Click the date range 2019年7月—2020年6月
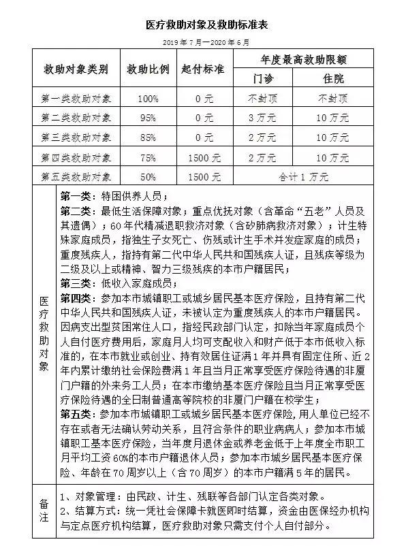pyautogui.click(x=203, y=42)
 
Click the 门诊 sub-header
pyautogui.click(x=262, y=79)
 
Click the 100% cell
pyautogui.click(x=148, y=99)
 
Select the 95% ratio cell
pyautogui.click(x=148, y=118)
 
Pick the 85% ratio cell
pyautogui.click(x=148, y=138)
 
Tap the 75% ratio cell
pyautogui.click(x=148, y=158)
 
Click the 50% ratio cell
pyautogui.click(x=148, y=177)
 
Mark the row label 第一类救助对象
pyautogui.click(x=76, y=99)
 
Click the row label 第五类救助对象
pyautogui.click(x=76, y=177)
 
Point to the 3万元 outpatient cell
pyautogui.click(x=262, y=118)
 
